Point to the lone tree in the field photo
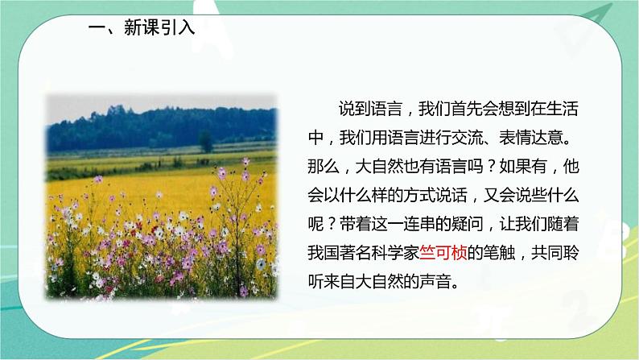coord(206,141)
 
